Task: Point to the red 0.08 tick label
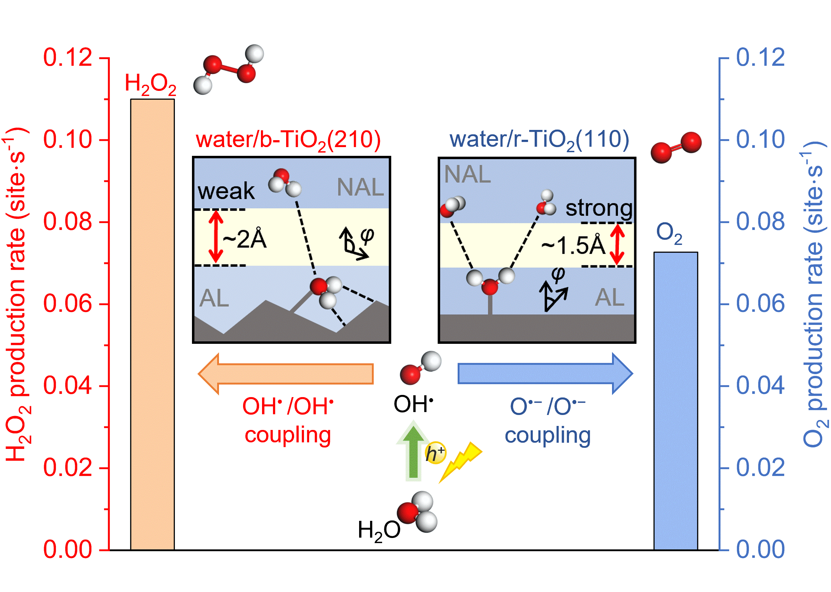[x=68, y=222]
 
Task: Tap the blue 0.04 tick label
[x=760, y=385]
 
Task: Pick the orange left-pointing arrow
[x=285, y=374]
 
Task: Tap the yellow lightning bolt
[x=461, y=461]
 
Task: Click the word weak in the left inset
[x=226, y=191]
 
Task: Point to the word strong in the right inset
[x=599, y=208]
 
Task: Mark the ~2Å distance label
[x=245, y=239]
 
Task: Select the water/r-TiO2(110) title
[x=539, y=140]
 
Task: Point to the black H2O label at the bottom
[x=379, y=530]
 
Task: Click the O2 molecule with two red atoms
[x=676, y=147]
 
